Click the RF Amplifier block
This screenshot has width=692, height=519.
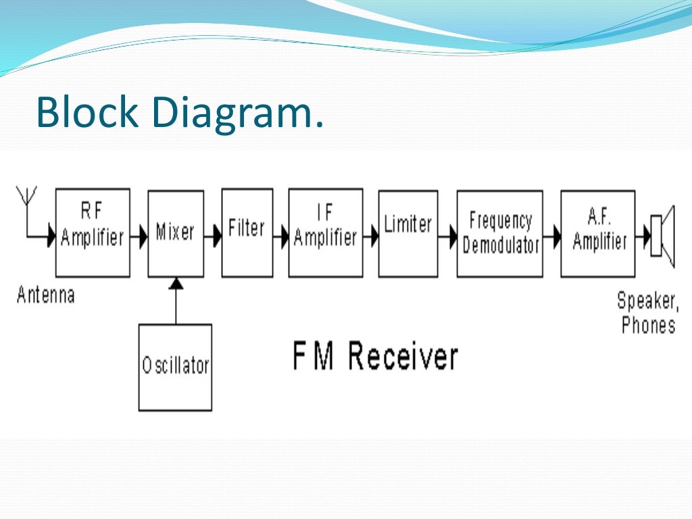coord(93,232)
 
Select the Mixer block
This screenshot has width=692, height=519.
coord(176,232)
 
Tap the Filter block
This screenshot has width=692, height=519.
coord(247,232)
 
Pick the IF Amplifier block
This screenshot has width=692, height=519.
coord(325,232)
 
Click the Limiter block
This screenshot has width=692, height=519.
coord(407,232)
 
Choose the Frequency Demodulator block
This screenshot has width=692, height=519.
coord(499,233)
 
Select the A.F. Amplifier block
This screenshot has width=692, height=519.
coord(598,233)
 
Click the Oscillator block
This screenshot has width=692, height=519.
coord(175,367)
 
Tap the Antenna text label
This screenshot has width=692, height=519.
coord(45,295)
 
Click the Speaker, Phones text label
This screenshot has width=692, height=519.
coord(647,312)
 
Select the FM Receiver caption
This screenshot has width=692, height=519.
coord(375,357)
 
